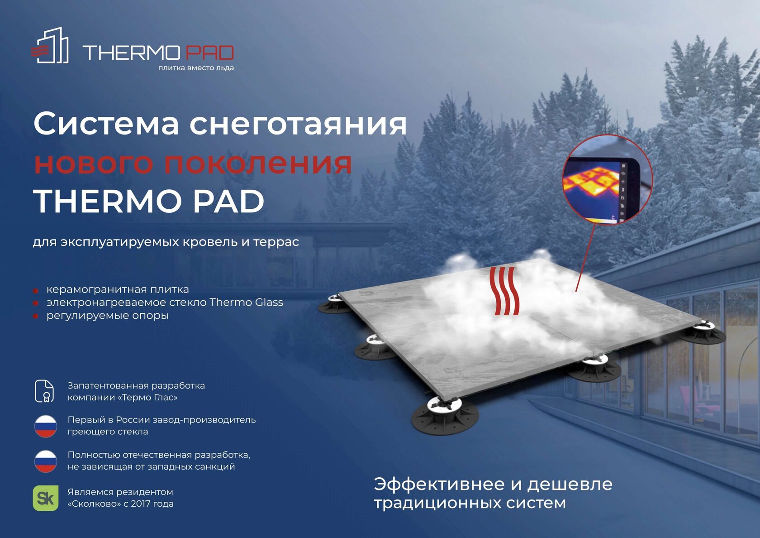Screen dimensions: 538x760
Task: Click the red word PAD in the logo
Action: pyautogui.click(x=210, y=53)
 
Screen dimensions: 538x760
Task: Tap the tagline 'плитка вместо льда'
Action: pyautogui.click(x=196, y=68)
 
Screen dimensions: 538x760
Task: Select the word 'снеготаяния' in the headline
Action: pyautogui.click(x=298, y=124)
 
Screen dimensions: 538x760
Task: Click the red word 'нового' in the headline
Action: pyautogui.click(x=93, y=163)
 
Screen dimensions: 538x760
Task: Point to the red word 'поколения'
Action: pyautogui.click(x=258, y=163)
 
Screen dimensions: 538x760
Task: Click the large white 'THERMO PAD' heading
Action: pyautogui.click(x=149, y=201)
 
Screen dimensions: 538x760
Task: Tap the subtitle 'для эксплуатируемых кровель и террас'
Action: pyautogui.click(x=166, y=242)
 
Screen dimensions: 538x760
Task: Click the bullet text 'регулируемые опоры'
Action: pyautogui.click(x=108, y=316)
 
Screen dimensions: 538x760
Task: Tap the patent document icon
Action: pyautogui.click(x=44, y=391)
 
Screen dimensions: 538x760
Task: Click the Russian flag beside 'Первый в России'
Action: pyautogui.click(x=46, y=426)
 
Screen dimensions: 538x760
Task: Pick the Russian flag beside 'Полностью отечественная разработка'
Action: pyautogui.click(x=46, y=461)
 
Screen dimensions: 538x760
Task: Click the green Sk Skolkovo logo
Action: pyautogui.click(x=46, y=498)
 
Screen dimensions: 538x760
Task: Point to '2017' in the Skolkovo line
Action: pyautogui.click(x=141, y=504)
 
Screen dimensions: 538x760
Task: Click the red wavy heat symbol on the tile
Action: pyautogui.click(x=504, y=291)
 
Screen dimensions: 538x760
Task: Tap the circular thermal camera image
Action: pyautogui.click(x=607, y=179)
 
